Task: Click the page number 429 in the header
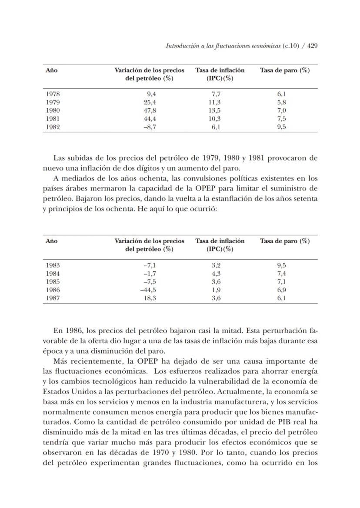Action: click(x=312, y=46)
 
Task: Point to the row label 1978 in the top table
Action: click(x=53, y=94)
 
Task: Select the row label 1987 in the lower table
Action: click(x=53, y=298)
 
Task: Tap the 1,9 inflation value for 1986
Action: click(x=216, y=290)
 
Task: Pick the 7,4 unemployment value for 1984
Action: click(x=281, y=274)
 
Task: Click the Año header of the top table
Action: click(x=51, y=70)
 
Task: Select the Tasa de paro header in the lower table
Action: click(x=285, y=241)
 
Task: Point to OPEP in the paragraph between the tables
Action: click(x=200, y=188)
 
